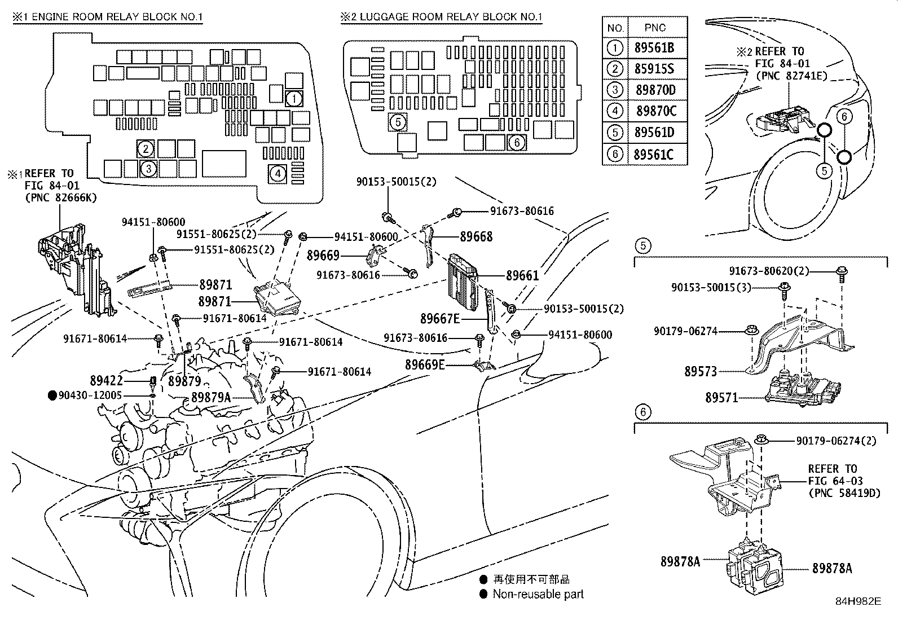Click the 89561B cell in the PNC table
(654, 49)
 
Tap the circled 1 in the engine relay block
(293, 99)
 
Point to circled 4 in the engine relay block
(278, 174)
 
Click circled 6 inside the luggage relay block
(517, 143)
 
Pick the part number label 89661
(522, 275)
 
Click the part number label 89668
(476, 237)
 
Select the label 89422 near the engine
(106, 381)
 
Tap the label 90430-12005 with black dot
(90, 395)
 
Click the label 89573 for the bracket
(701, 371)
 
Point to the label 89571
(721, 398)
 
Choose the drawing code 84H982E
(858, 601)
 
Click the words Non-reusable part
(538, 594)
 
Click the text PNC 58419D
(844, 493)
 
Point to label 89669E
(425, 365)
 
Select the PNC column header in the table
(655, 28)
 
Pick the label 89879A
(210, 397)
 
